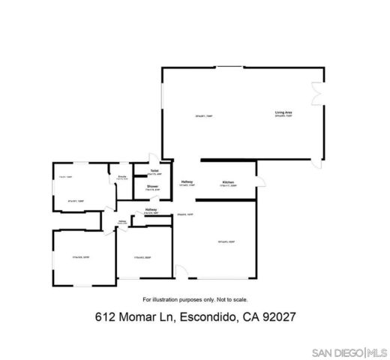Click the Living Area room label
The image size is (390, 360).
(283, 112)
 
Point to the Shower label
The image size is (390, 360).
(152, 186)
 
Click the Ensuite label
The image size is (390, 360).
(121, 177)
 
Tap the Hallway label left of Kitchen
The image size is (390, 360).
(187, 181)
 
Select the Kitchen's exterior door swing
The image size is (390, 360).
(261, 178)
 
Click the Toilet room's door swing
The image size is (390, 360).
(153, 157)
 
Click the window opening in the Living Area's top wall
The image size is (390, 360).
(229, 68)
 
